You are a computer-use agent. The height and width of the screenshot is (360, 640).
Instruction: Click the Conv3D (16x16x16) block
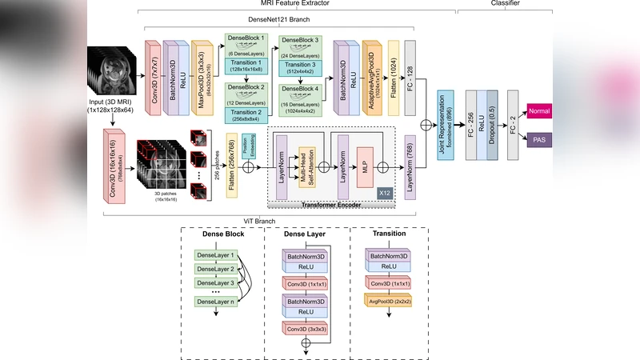tap(109, 166)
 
